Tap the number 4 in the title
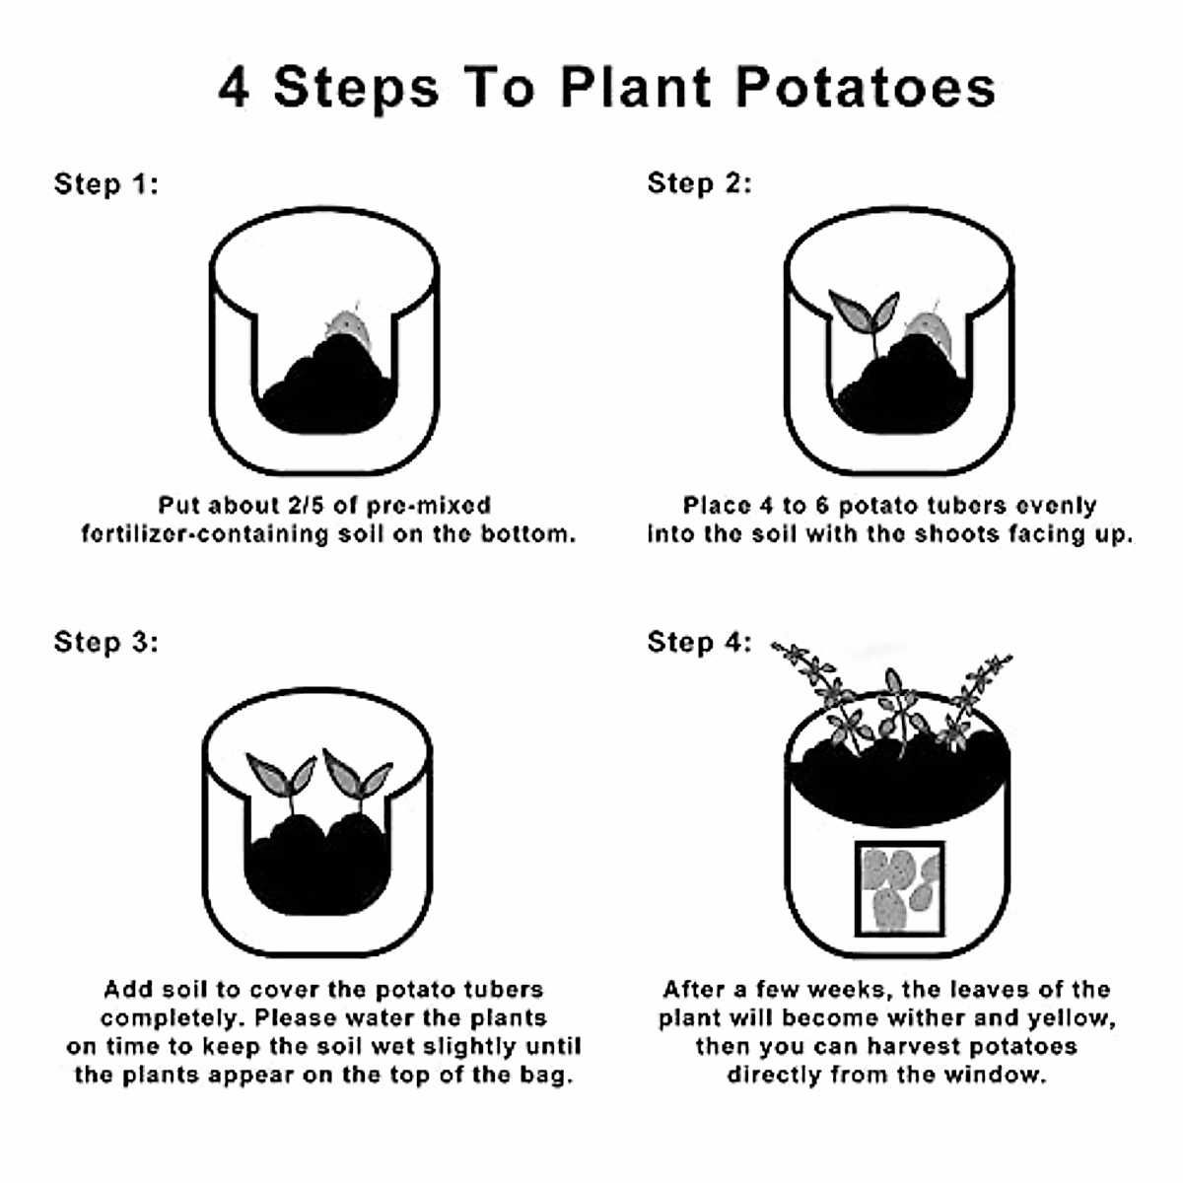[234, 88]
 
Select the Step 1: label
[105, 184]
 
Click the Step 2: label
[699, 183]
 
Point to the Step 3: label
[105, 642]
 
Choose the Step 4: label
[699, 642]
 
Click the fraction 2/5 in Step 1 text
[309, 506]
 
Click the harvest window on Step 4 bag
[899, 887]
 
